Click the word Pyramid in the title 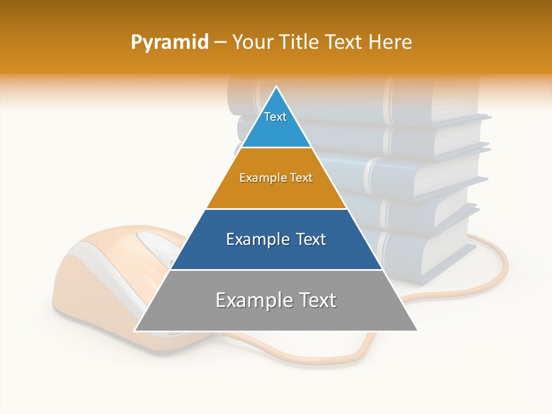click(170, 43)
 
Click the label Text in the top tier click(275, 117)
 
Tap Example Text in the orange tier click(276, 178)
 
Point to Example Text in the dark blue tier click(276, 239)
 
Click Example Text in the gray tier click(276, 300)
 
